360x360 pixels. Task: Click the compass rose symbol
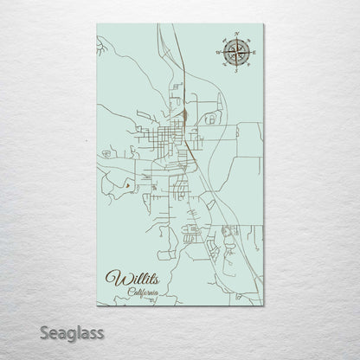point(235,53)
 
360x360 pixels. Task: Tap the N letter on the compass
point(235,35)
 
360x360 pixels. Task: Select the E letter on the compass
point(253,53)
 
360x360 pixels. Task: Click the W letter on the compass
point(216,53)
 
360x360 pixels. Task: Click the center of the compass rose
point(235,53)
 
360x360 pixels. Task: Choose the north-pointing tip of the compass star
point(235,40)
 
